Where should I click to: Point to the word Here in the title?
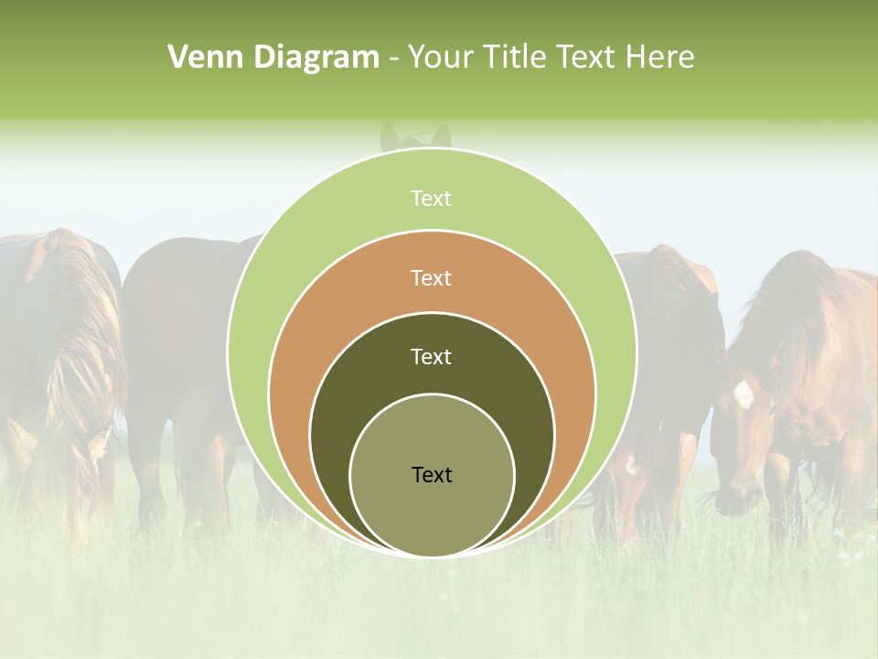click(x=658, y=58)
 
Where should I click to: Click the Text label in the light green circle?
click(x=431, y=199)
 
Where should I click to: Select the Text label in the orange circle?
click(x=431, y=277)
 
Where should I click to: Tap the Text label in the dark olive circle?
click(x=431, y=357)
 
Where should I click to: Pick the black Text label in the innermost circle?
click(x=432, y=474)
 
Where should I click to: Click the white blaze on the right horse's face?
click(x=744, y=394)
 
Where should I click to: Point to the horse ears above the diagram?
click(x=415, y=136)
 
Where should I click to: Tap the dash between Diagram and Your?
click(x=393, y=59)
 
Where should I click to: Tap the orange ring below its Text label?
click(x=432, y=302)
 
